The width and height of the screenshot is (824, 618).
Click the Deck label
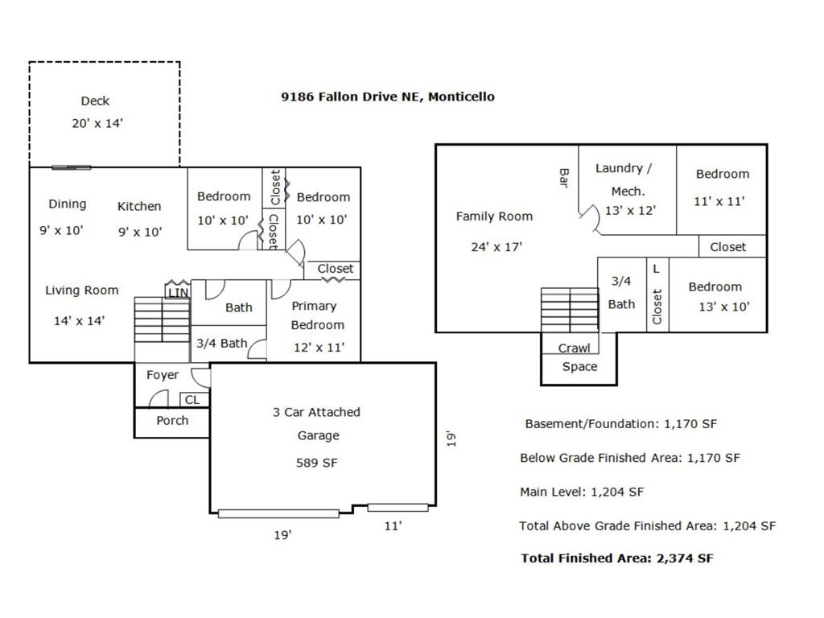tap(95, 101)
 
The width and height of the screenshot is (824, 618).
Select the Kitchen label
tap(139, 206)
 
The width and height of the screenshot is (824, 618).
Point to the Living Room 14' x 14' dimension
tap(80, 320)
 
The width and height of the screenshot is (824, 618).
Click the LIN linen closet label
tap(178, 293)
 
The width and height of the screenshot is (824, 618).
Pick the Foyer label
tap(163, 375)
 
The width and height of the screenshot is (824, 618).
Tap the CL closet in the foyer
tap(192, 400)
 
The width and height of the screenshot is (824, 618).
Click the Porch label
tap(172, 420)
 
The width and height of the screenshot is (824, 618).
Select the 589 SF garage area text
tap(317, 463)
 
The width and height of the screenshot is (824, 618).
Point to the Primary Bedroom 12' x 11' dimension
tap(319, 348)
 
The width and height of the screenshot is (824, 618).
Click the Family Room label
tap(495, 216)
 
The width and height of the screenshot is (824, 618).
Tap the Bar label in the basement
tap(564, 178)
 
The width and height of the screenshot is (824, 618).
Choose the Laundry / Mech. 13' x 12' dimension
tap(630, 211)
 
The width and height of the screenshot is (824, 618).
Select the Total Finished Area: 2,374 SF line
tap(617, 558)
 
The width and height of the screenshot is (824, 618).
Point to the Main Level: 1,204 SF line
tap(582, 492)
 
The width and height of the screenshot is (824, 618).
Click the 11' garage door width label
tap(393, 525)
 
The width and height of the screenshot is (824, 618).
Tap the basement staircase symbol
tap(570, 310)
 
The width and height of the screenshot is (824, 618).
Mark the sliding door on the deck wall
tap(72, 167)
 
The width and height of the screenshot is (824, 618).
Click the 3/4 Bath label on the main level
tap(222, 344)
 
